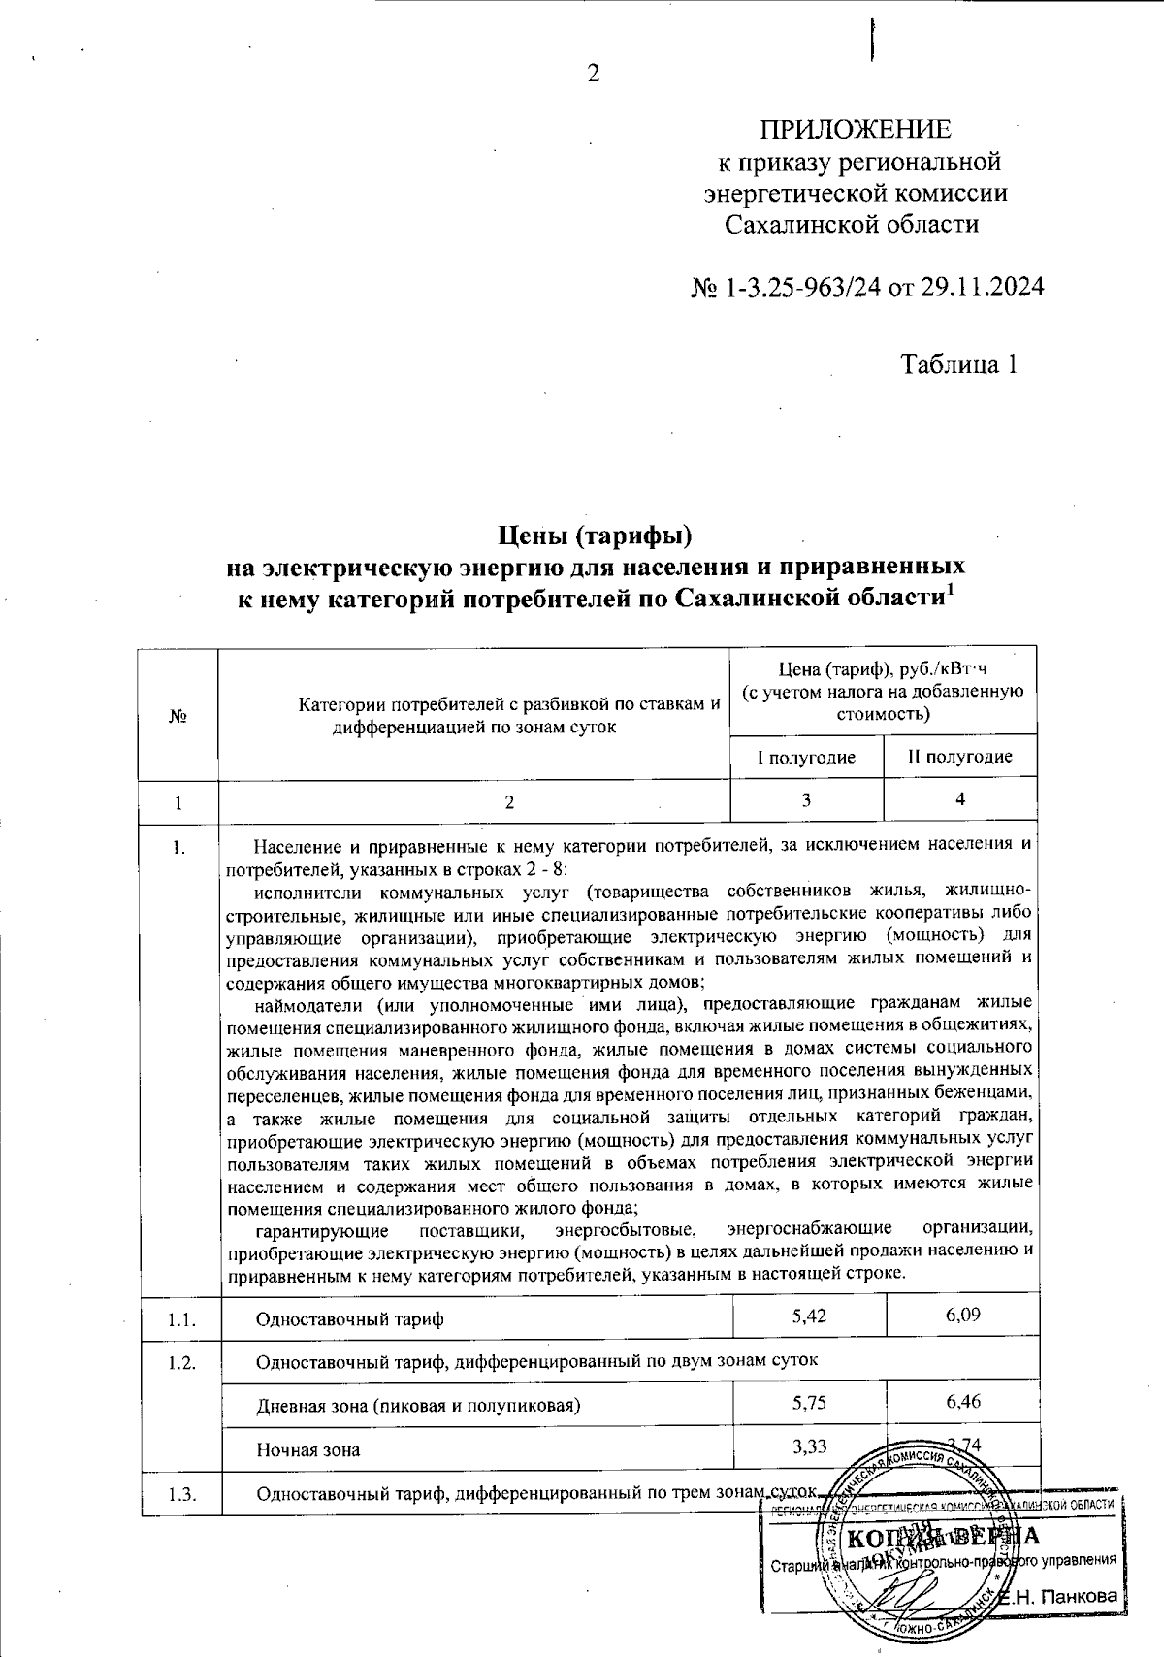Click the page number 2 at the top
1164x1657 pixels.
click(594, 74)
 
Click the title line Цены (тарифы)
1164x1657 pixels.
click(594, 535)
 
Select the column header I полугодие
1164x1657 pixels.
click(806, 758)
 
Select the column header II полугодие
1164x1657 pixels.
click(960, 757)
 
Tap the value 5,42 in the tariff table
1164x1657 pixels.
click(809, 1317)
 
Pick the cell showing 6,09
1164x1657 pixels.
click(963, 1317)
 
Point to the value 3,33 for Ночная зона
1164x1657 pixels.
click(809, 1447)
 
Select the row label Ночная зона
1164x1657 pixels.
click(307, 1450)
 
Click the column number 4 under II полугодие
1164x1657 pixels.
click(960, 799)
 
